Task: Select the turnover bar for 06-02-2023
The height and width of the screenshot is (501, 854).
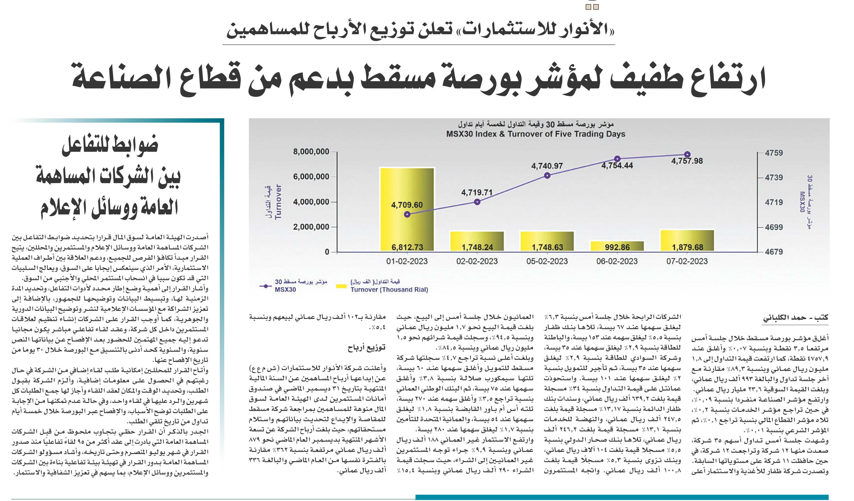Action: pyautogui.click(x=617, y=247)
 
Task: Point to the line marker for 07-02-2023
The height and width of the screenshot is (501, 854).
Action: pyautogui.click(x=687, y=154)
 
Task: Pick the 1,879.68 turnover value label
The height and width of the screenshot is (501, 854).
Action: pyautogui.click(x=687, y=247)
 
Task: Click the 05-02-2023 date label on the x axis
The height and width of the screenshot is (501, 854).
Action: pyautogui.click(x=547, y=261)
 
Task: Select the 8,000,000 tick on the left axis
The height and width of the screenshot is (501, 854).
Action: pyautogui.click(x=311, y=152)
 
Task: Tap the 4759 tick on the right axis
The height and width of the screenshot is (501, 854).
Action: pyautogui.click(x=774, y=153)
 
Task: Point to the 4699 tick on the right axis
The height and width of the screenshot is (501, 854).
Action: pyautogui.click(x=774, y=227)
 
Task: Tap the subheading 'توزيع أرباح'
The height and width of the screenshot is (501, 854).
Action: pyautogui.click(x=366, y=348)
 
